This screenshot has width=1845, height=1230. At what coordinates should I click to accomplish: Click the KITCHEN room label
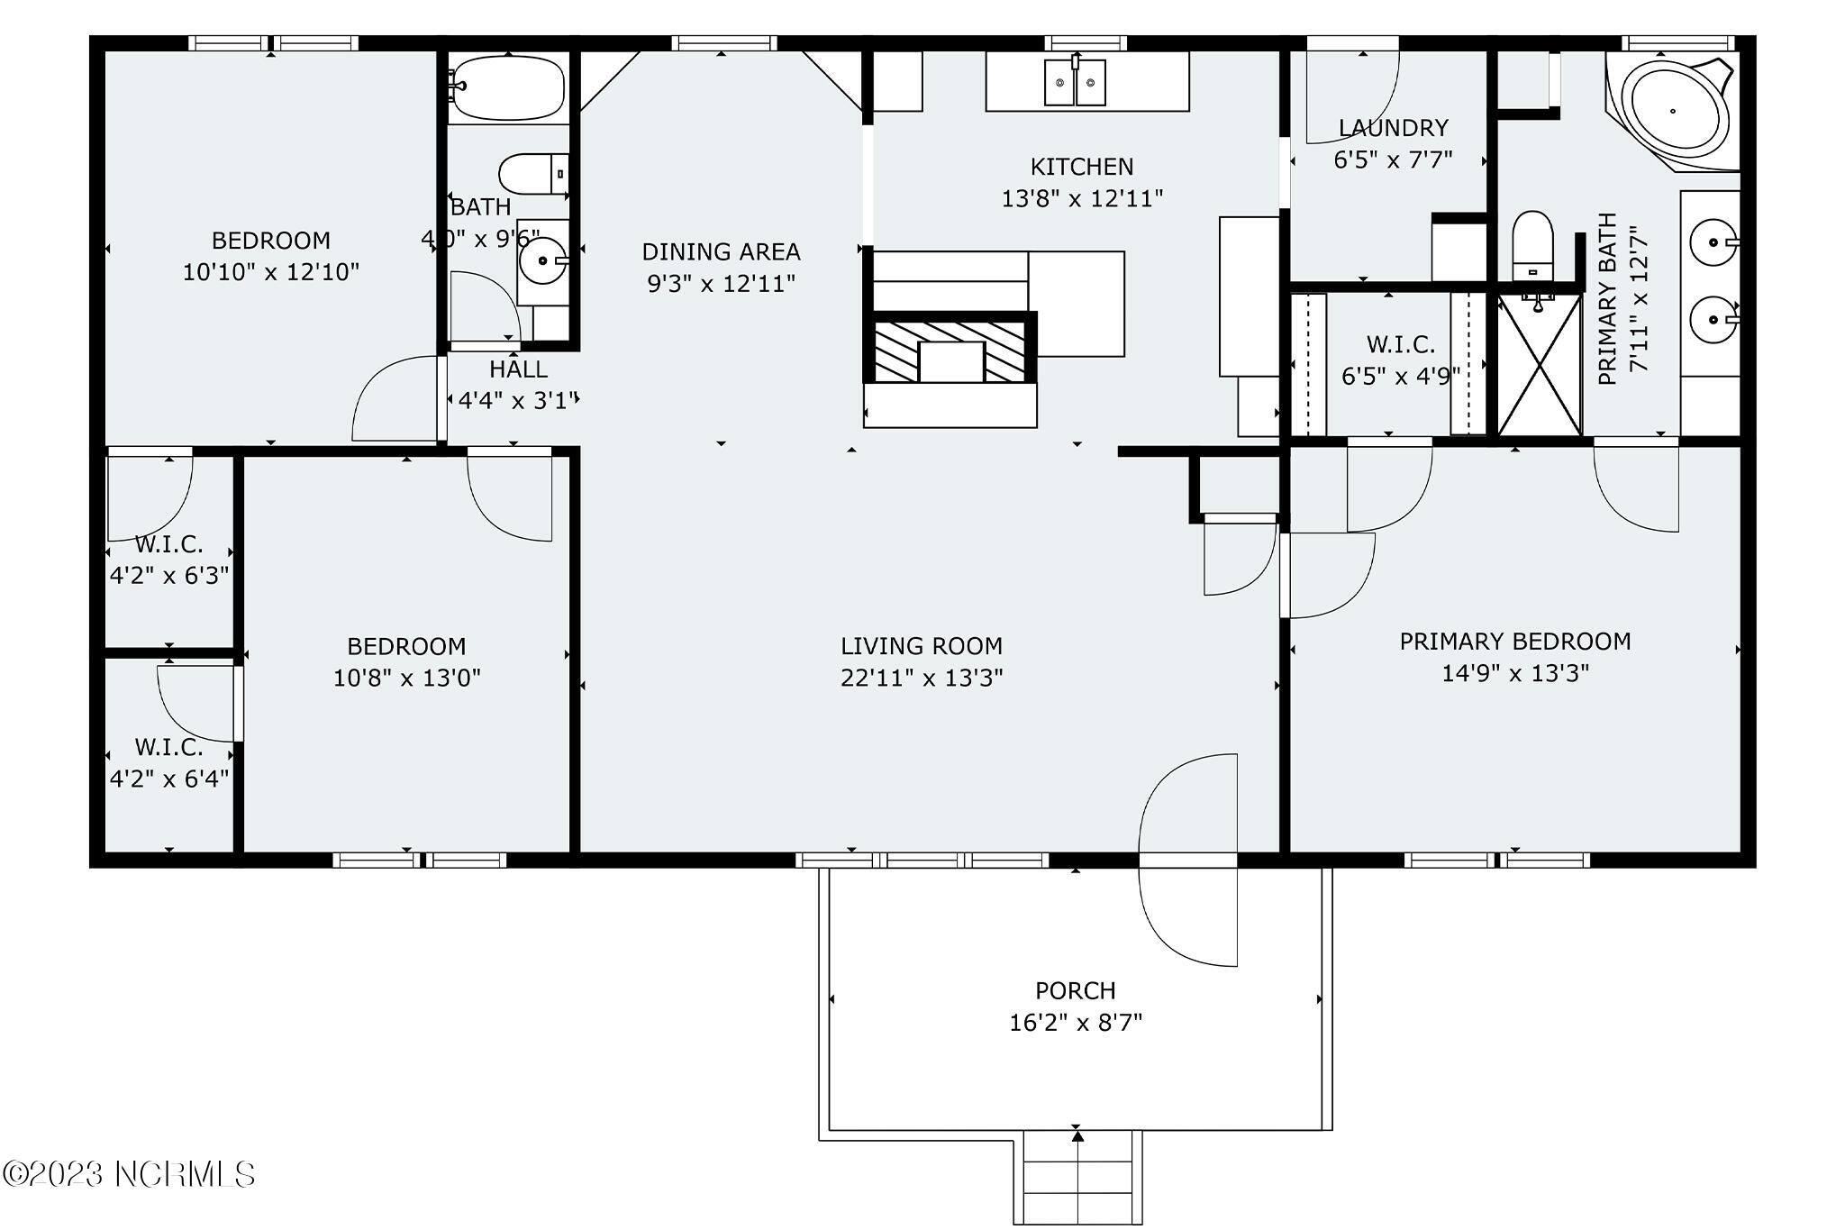pos(1081,167)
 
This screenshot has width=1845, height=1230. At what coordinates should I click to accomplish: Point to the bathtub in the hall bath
pos(507,87)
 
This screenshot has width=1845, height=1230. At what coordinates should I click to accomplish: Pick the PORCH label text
pos(1075,991)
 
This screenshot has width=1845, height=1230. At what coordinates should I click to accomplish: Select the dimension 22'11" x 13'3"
pos(921,678)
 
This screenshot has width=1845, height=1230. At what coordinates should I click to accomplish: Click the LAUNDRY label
pos(1393,128)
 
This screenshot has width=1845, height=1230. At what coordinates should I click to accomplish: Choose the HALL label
pos(518,369)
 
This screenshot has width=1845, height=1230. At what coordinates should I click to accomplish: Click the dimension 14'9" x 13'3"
pos(1514,673)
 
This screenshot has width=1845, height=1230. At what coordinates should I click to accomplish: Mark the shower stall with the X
pos(1540,365)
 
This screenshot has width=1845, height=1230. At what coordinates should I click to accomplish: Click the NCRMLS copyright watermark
pos(129,1174)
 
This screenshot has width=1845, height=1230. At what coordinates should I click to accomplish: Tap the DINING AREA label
pos(721,251)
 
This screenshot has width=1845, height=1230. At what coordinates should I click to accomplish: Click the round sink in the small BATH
pos(543,261)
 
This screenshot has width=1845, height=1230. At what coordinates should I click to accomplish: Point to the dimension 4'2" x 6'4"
pos(169,779)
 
